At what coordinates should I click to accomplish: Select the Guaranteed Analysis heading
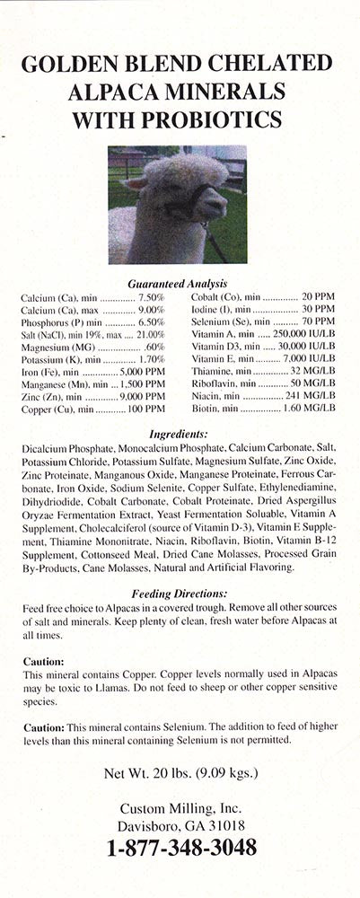(x=177, y=282)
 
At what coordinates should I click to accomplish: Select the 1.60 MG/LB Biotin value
(x=310, y=408)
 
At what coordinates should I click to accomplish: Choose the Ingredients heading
(x=180, y=432)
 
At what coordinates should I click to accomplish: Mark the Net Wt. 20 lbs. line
(x=180, y=772)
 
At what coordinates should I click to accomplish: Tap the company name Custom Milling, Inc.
(x=180, y=807)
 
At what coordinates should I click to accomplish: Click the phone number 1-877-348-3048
(x=181, y=847)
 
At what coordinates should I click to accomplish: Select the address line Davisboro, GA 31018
(x=180, y=825)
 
